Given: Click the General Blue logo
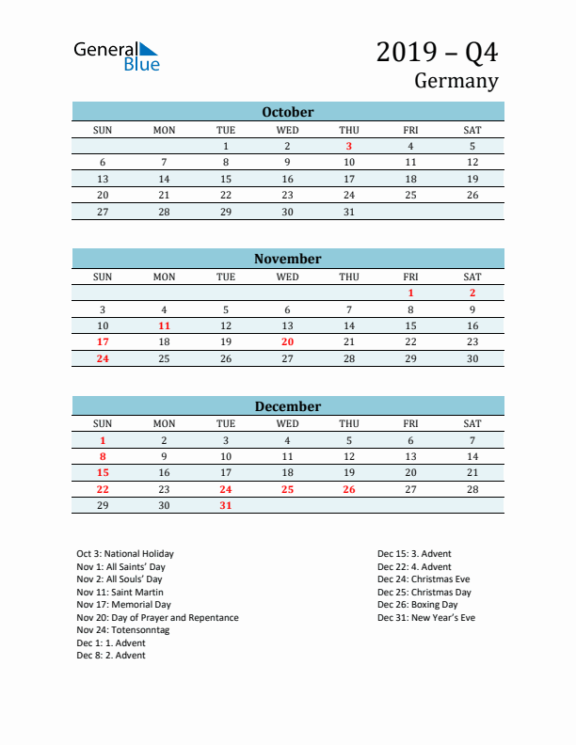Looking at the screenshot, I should click(x=117, y=55).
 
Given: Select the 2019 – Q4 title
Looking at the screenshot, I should click(x=437, y=53).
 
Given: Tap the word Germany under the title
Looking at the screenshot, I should click(x=456, y=81).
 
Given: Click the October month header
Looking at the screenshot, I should click(x=288, y=112).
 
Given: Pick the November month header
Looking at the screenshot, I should click(x=288, y=259).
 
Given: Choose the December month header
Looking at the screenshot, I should click(x=288, y=406).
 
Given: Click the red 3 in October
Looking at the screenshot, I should click(x=349, y=146).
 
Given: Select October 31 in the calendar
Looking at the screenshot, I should click(x=349, y=212).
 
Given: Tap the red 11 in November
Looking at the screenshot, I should click(x=164, y=325).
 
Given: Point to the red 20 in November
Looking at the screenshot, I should click(x=287, y=342).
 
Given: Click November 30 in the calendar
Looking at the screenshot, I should click(x=472, y=358).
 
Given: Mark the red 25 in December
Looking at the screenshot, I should click(x=287, y=489).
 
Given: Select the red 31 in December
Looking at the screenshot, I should click(x=226, y=506).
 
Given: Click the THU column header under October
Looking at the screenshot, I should click(x=349, y=130).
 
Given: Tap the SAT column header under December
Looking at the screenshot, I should click(x=472, y=424).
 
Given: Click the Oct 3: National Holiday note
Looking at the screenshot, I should click(x=125, y=554).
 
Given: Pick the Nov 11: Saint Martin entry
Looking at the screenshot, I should click(x=120, y=592).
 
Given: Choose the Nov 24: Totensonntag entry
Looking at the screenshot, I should click(x=122, y=630).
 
